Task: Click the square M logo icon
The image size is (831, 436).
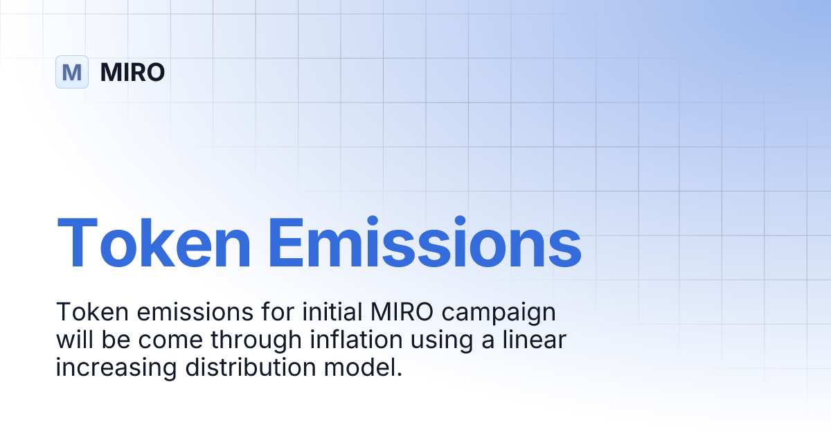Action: [x=72, y=72]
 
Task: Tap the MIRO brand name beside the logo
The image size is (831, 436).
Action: [x=132, y=72]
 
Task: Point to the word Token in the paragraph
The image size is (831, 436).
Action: [x=83, y=313]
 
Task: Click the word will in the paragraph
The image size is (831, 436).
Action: [x=72, y=340]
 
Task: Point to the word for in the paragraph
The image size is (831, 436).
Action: [x=257, y=313]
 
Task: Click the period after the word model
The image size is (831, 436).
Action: [x=400, y=374]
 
